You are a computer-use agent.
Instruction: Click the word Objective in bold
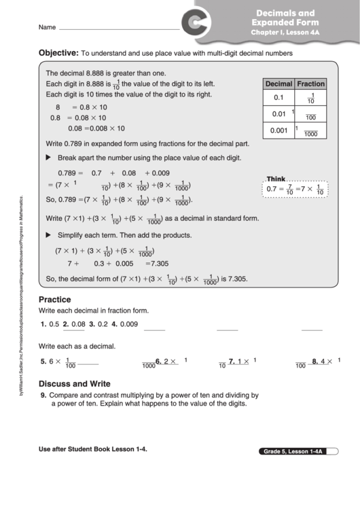(58, 52)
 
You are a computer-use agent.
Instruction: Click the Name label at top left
(47, 28)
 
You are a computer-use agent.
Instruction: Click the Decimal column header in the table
(278, 84)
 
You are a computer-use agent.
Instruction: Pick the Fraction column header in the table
(310, 84)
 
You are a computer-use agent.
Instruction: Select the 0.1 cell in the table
(278, 98)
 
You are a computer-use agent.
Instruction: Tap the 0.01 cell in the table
(278, 114)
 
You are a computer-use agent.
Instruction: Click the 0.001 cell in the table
(278, 130)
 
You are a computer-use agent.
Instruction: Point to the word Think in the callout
(276, 178)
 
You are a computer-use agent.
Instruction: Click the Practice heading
(55, 299)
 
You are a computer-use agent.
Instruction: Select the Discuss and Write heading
(74, 383)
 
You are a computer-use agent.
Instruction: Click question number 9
(43, 395)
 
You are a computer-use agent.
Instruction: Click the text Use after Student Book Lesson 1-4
(92, 449)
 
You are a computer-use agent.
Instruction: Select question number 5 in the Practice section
(43, 362)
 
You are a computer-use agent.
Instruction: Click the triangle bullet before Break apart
(48, 157)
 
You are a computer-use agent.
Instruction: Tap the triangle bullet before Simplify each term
(48, 234)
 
